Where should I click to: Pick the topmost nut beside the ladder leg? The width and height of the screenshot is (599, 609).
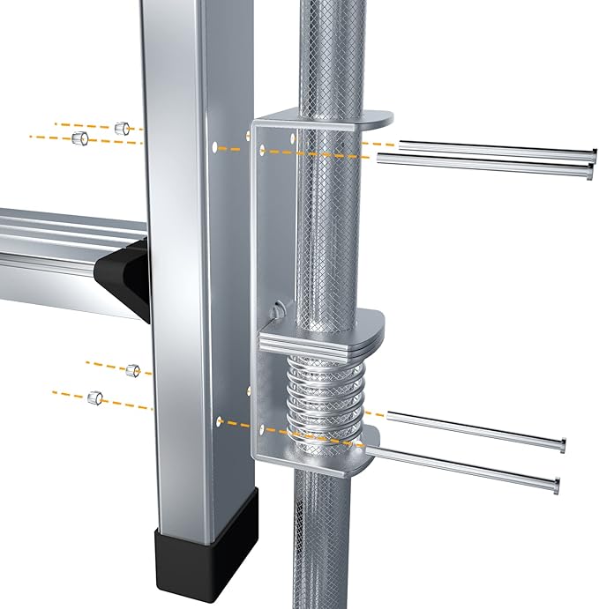tap(124, 128)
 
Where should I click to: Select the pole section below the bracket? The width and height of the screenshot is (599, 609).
tap(323, 546)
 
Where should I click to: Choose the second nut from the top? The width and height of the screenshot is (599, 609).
tap(79, 138)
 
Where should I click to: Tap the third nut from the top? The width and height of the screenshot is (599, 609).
tap(133, 370)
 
